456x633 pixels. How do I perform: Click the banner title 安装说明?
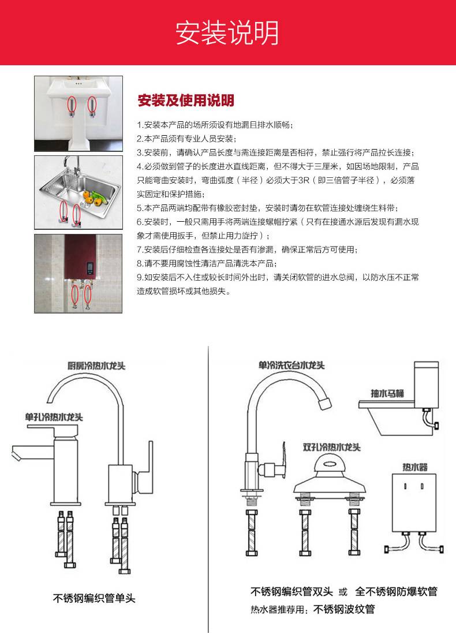(x=227, y=33)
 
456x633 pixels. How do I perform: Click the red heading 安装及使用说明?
(x=186, y=101)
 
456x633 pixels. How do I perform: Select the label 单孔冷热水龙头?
(x=54, y=416)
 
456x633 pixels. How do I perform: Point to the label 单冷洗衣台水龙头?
(x=291, y=366)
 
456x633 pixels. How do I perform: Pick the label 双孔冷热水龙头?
(x=331, y=447)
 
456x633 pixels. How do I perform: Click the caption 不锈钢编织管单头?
(x=94, y=598)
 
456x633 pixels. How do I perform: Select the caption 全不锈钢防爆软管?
(x=396, y=591)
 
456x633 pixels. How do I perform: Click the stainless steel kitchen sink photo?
(x=79, y=192)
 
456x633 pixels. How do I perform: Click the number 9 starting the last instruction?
(x=139, y=277)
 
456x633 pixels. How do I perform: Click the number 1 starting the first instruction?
(x=139, y=125)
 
